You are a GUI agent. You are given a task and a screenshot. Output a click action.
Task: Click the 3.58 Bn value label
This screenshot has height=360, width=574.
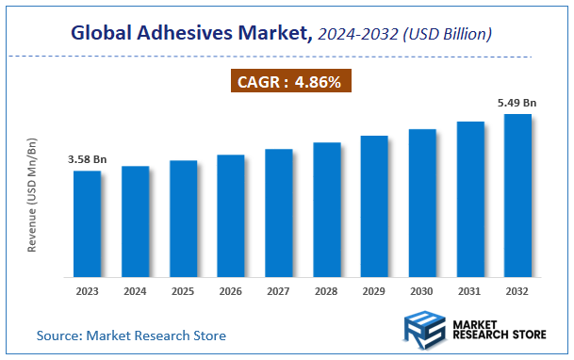tap(88, 160)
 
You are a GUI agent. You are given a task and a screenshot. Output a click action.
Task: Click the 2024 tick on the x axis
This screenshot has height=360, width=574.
tap(136, 293)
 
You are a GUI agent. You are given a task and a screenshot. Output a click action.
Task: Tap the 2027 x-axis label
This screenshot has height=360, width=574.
tap(279, 293)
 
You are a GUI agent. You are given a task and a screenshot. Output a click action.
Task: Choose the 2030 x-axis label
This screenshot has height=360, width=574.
tap(422, 293)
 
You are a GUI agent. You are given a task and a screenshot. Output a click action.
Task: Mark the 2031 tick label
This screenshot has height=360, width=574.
tap(470, 293)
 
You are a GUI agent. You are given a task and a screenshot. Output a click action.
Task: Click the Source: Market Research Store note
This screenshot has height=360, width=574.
tap(131, 335)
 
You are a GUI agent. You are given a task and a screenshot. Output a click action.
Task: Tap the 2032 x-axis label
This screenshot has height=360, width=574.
tap(517, 293)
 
